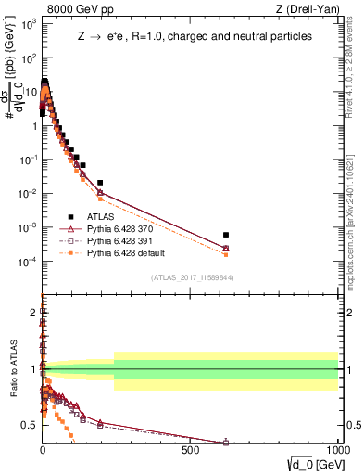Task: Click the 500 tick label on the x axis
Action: click(x=190, y=449)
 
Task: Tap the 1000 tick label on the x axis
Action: click(x=337, y=449)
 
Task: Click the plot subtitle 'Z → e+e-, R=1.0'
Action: click(x=195, y=37)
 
